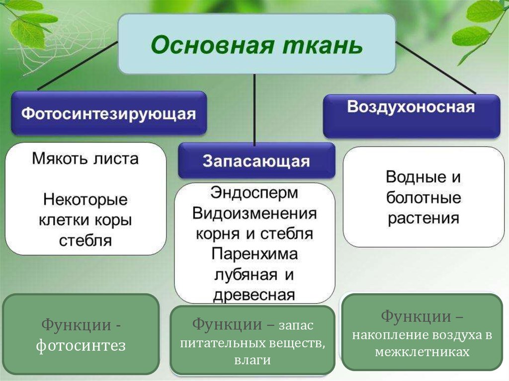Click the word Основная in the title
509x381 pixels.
click(212, 45)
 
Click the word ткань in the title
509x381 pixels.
click(322, 45)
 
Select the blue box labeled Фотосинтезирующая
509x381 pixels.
click(109, 113)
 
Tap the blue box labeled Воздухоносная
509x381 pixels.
click(411, 116)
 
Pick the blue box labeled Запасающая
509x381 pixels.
click(256, 160)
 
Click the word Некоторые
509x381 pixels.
click(85, 199)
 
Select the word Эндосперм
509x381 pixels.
click(254, 193)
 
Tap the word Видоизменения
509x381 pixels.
click(254, 214)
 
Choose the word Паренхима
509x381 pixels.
click(254, 254)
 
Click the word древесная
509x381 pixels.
click(254, 295)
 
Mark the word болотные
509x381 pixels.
click(424, 198)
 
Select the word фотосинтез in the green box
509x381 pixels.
click(81, 345)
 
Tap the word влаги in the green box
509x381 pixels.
click(252, 360)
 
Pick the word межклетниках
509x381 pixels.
click(423, 352)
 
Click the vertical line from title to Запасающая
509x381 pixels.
click(254, 109)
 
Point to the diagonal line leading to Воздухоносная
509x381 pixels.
click(435, 68)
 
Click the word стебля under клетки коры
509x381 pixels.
click(85, 240)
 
